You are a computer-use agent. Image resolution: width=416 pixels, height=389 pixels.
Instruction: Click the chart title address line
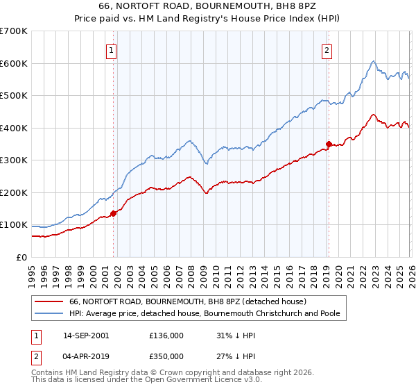208,6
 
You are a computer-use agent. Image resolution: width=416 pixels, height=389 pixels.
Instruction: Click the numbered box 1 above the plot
112,49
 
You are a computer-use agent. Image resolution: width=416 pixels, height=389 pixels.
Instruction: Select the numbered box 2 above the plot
327,49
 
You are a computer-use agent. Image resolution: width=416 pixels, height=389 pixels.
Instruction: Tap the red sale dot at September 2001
114,213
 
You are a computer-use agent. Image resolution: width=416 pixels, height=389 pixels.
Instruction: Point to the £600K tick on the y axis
14,63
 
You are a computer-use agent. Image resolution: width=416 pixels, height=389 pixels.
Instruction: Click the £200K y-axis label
14,192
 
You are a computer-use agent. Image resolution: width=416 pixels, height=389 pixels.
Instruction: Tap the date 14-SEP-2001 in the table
85,335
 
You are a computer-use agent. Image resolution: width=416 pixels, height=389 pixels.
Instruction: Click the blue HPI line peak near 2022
373,61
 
